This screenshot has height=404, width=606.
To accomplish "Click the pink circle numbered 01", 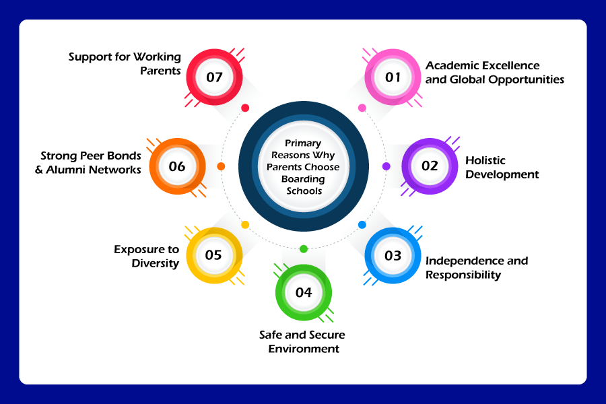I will pos(393,77).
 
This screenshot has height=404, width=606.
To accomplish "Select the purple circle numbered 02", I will pos(430,166).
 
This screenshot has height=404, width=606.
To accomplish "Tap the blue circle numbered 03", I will pos(393,256).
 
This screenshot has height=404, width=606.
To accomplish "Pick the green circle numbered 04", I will pos(304,292).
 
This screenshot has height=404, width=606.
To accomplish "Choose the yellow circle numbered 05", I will pos(213,256).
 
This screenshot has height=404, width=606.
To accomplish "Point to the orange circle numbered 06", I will pos(177,166).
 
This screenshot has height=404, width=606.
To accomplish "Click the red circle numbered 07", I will pos(214,77).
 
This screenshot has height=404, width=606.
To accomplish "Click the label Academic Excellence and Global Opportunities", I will pos(494,73).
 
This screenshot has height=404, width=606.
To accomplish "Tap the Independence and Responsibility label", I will pos(476,267).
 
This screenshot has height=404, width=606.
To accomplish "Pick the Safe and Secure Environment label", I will pos(304,341).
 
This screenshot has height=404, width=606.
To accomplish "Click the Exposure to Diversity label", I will pos(146,256).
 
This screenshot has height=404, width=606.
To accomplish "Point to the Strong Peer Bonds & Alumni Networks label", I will pos(88,162).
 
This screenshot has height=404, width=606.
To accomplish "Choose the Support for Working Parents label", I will pos(125,63).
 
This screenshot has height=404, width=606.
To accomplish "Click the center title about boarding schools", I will pos(304,167).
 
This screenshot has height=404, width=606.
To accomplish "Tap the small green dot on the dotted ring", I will pos(304,249).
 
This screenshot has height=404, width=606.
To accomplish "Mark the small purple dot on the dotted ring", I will pos(386,166).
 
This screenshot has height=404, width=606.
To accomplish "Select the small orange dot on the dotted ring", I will pos(222,166).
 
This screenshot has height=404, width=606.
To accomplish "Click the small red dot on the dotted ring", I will pos(245,108).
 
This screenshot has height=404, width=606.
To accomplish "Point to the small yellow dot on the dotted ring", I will pos(245,225).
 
